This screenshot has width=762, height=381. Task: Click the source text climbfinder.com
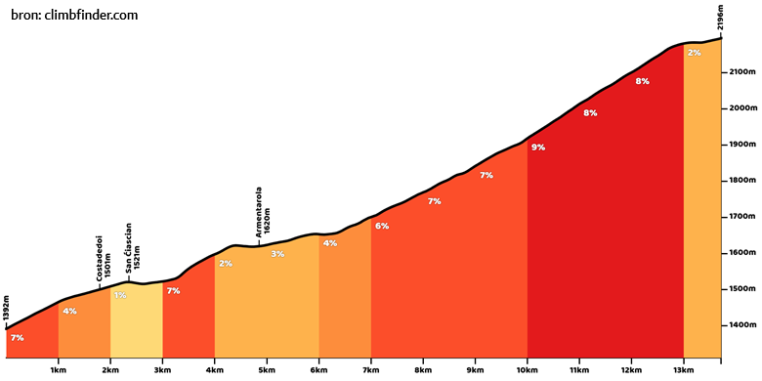click(x=91, y=16)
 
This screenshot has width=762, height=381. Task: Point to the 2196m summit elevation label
click(x=721, y=18)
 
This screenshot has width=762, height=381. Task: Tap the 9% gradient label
click(x=538, y=148)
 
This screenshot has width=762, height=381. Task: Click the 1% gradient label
click(x=120, y=295)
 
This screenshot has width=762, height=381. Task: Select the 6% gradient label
click(x=382, y=226)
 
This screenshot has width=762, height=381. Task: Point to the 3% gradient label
click(x=277, y=254)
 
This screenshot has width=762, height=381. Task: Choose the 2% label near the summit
click(x=694, y=53)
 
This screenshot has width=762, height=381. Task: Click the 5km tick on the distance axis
click(x=267, y=360)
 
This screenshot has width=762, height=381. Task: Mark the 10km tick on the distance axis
click(x=528, y=360)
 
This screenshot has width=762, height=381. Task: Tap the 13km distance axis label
click(x=684, y=370)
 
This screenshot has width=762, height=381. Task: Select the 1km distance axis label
click(x=59, y=370)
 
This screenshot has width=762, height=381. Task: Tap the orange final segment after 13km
click(x=702, y=204)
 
